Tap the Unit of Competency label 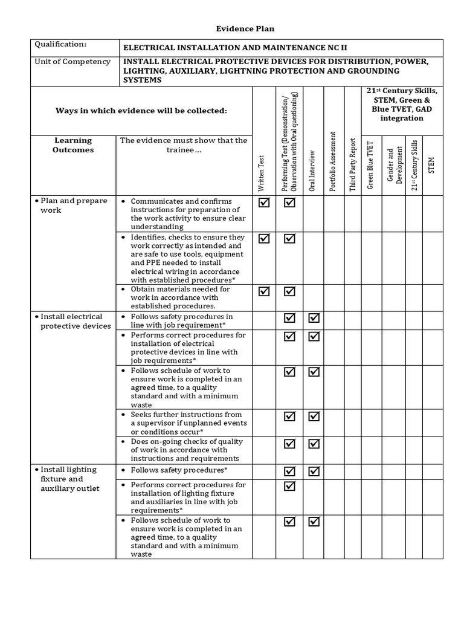tap(72, 62)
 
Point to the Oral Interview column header tap(313, 171)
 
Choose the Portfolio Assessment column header tap(333, 162)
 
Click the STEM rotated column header tap(431, 166)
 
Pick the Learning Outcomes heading tap(73, 145)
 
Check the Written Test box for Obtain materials tap(263, 291)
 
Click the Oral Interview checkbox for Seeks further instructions tap(314, 416)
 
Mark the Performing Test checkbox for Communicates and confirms tap(289, 203)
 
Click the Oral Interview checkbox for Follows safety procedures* tap(314, 471)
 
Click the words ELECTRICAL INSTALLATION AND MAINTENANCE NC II tap(235, 48)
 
